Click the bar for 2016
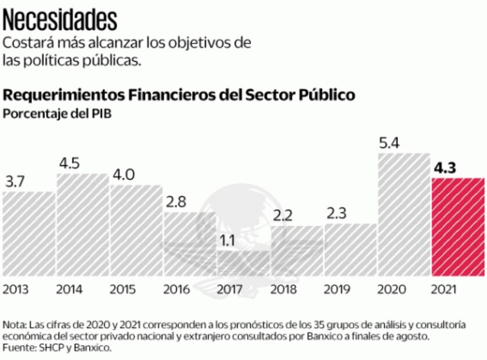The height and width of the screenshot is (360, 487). pos(189,244)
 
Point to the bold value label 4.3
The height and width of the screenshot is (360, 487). pos(445,169)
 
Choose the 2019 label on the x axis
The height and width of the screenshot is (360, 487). pos(337,289)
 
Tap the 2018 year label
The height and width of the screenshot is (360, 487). pos(283,289)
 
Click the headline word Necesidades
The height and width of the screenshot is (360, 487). pos(60,19)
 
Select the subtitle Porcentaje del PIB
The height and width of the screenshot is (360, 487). pos(57,114)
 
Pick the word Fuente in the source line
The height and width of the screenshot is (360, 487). pos(19,348)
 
